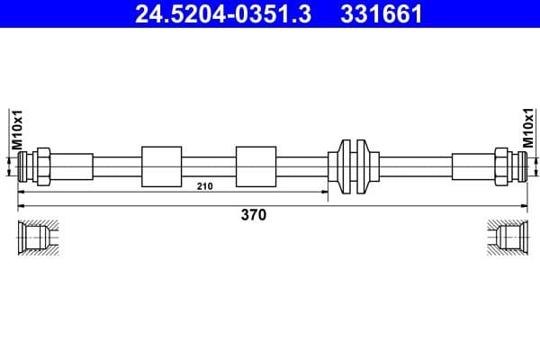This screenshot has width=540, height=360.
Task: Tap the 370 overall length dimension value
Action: [253, 215]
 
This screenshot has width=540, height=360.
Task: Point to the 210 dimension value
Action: [204, 185]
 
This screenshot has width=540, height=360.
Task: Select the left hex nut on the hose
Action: [41, 166]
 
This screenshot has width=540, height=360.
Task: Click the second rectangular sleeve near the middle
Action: [256, 166]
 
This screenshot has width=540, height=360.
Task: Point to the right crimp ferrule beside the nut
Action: [471, 166]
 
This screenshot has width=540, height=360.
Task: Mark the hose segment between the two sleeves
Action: [209, 166]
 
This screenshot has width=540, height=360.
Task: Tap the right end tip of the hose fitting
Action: [519, 166]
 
